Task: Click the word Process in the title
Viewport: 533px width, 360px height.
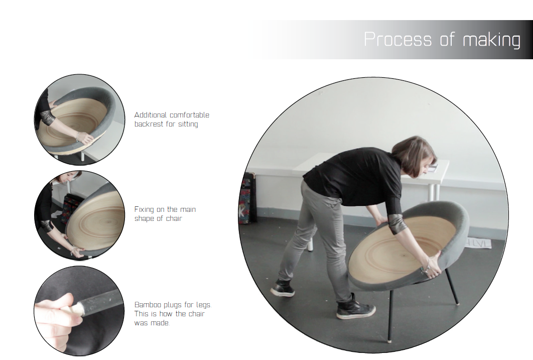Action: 397,40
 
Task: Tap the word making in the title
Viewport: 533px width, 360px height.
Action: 491,40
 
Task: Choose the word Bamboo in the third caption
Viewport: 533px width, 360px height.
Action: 148,305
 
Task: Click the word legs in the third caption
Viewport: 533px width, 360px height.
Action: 203,305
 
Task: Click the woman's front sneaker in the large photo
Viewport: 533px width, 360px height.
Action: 355,308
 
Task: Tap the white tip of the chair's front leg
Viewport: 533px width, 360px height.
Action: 390,339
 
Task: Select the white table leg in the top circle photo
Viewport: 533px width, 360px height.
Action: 83,156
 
